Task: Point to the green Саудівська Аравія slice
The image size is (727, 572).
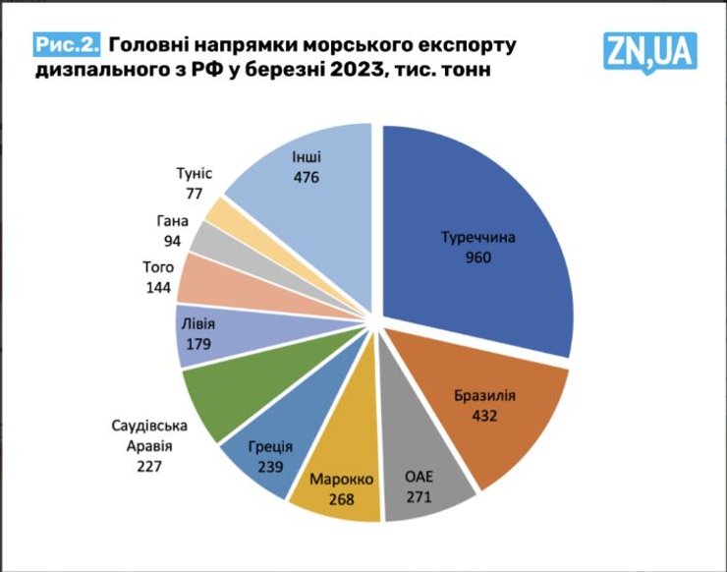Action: pos(221,398)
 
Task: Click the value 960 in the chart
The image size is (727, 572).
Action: pos(477,258)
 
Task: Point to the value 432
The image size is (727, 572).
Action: pos(485,416)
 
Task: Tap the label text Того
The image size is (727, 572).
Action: pos(158,267)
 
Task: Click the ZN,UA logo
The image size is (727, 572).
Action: pos(649,51)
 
